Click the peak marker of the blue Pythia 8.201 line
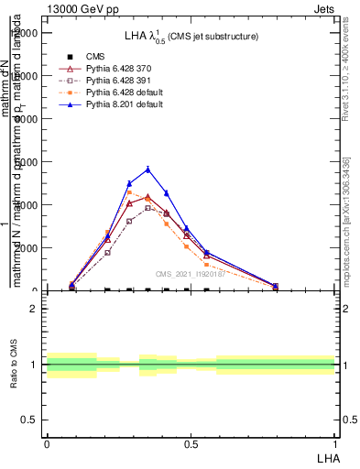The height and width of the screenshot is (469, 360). click(147, 169)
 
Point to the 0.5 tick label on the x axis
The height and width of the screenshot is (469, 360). click(190, 444)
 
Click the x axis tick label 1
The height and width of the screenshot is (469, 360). click(334, 444)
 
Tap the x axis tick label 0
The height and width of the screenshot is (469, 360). click(47, 444)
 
